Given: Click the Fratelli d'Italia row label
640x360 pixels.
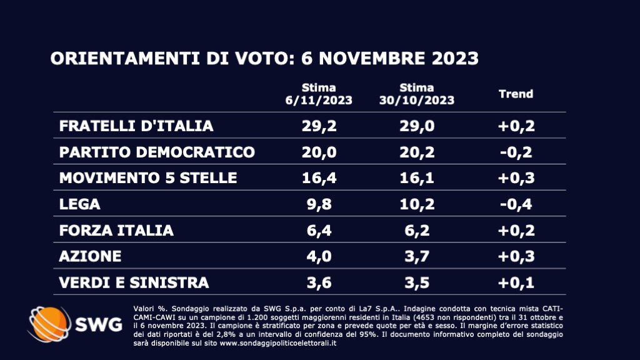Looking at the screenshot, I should tap(136, 126).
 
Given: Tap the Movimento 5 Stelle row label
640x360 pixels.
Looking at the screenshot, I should tap(148, 178).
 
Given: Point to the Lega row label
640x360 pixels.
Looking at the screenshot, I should tap(79, 204).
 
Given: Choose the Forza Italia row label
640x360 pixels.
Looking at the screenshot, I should tap(116, 231).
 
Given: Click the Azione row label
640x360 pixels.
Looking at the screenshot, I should tap(90, 257).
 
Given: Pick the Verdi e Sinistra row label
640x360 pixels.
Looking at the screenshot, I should tap(134, 283).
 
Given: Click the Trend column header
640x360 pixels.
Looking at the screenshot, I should tap(516, 94).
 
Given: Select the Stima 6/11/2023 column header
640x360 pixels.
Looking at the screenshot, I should tap(319, 94).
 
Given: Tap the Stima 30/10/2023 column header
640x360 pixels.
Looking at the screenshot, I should tap(417, 94).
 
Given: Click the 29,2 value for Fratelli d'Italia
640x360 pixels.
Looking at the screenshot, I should tap(319, 126).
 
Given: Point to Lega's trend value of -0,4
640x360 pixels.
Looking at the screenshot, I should tap(516, 204).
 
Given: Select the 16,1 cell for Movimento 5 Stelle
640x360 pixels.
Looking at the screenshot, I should tap(417, 178).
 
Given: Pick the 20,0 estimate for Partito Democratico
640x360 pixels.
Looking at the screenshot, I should tap(319, 152).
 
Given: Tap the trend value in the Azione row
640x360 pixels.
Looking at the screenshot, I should tap(516, 257).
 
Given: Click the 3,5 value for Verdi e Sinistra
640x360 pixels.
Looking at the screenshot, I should tap(417, 283).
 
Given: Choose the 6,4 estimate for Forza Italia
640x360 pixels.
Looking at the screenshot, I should tap(319, 231).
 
